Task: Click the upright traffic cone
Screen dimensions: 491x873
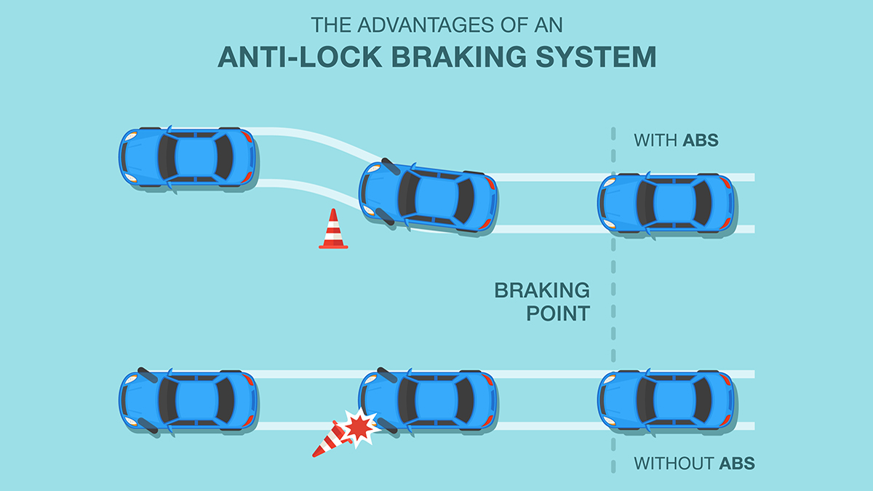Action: (333, 231)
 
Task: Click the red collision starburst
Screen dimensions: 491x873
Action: (359, 428)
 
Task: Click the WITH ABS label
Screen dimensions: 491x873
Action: (676, 140)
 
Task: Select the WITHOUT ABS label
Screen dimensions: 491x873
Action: (693, 463)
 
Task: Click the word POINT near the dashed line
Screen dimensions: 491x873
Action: (542, 314)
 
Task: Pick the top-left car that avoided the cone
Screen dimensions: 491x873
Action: (187, 158)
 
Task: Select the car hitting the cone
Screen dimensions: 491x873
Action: (429, 400)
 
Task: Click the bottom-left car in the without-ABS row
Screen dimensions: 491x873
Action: (187, 400)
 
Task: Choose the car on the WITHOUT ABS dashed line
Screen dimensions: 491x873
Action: (666, 400)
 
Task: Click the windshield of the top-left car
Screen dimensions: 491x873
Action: (167, 158)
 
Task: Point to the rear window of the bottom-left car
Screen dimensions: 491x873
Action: (226, 400)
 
